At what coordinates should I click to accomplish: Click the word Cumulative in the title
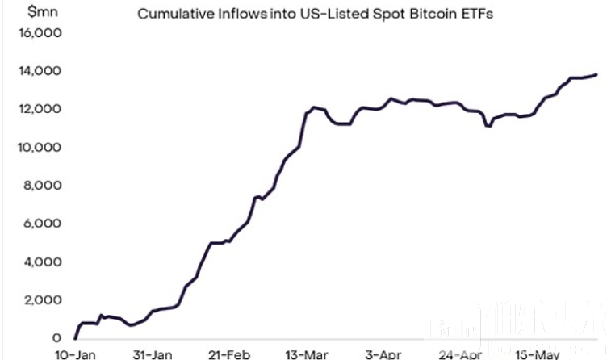tap(172, 14)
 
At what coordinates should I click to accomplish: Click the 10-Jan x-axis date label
tap(76, 354)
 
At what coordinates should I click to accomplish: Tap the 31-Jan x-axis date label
tap(151, 354)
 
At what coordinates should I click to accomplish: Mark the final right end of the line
tap(596, 74)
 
